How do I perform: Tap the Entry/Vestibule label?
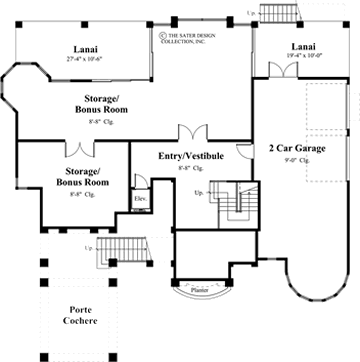tap(191, 156)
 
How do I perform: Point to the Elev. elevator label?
tap(140, 198)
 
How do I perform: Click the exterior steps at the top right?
tap(272, 13)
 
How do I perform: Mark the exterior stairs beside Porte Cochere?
tap(119, 252)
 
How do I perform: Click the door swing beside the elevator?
tap(141, 181)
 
